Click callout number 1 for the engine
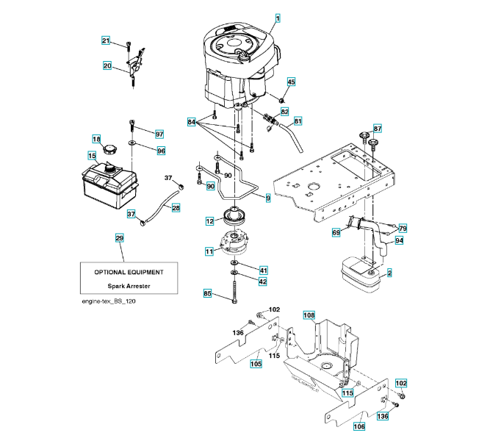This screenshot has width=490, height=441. (278, 17)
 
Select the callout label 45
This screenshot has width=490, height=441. (292, 82)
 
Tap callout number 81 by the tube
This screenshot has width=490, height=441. (298, 121)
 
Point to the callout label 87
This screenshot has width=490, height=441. (377, 128)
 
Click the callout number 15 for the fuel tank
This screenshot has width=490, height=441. (92, 156)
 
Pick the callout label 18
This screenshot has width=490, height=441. (96, 140)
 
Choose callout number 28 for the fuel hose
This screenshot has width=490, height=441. (176, 209)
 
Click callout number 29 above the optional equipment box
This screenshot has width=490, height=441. (120, 238)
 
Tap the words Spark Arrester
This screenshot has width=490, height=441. (129, 285)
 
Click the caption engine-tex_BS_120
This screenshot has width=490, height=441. (109, 301)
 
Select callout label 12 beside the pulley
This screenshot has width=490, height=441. (209, 220)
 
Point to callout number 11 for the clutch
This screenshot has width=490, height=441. (209, 251)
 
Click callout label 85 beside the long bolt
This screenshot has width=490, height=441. (208, 294)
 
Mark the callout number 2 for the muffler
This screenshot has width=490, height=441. (389, 273)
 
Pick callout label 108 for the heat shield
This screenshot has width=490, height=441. (309, 316)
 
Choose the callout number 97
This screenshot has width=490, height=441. (159, 134)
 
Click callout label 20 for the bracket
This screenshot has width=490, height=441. (107, 66)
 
